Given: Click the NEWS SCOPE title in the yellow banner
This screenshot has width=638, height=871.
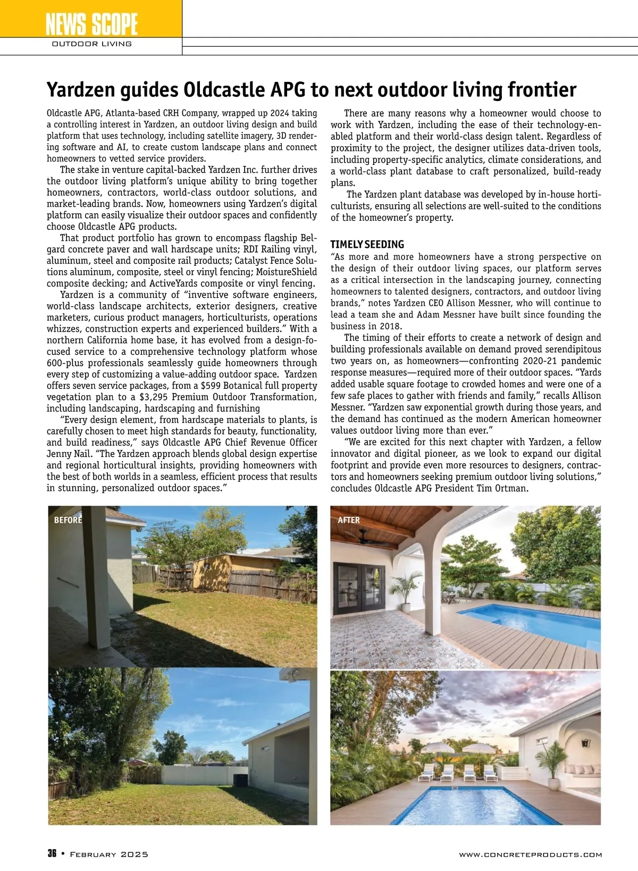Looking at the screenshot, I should (91, 24).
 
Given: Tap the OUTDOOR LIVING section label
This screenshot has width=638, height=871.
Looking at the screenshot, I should (91, 44).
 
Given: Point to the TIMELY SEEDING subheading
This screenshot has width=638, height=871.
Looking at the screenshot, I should (367, 245).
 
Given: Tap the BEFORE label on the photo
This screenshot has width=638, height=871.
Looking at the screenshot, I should (68, 520).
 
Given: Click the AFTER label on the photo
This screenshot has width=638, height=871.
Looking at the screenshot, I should (349, 520).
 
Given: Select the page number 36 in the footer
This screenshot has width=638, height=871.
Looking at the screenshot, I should (52, 854).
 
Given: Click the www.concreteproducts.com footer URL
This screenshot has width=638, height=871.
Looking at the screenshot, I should (530, 855).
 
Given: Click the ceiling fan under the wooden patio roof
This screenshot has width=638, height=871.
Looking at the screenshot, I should (367, 540).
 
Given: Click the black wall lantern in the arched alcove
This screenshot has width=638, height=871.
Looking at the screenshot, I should (586, 743).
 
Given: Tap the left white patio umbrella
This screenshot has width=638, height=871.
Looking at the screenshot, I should (433, 749).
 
